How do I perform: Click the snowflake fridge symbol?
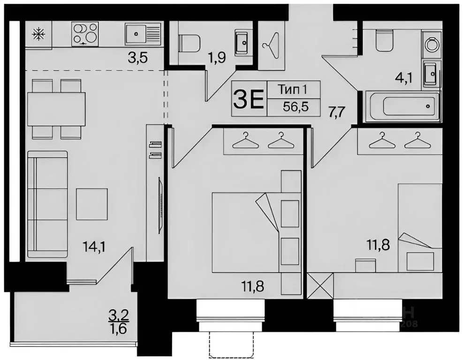tap(37, 34)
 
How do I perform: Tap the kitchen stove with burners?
tap(85, 34)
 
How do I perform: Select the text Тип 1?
tap(293, 89)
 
